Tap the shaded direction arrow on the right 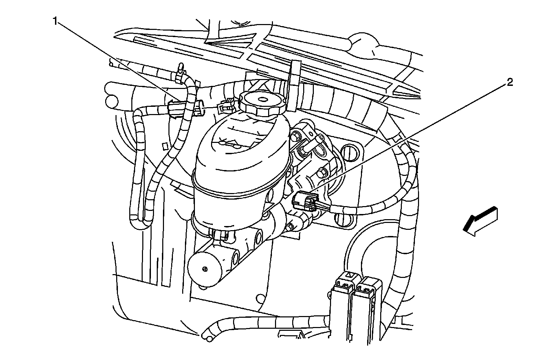pyautogui.click(x=480, y=221)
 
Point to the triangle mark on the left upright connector pyautogui.click(x=349, y=274)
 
